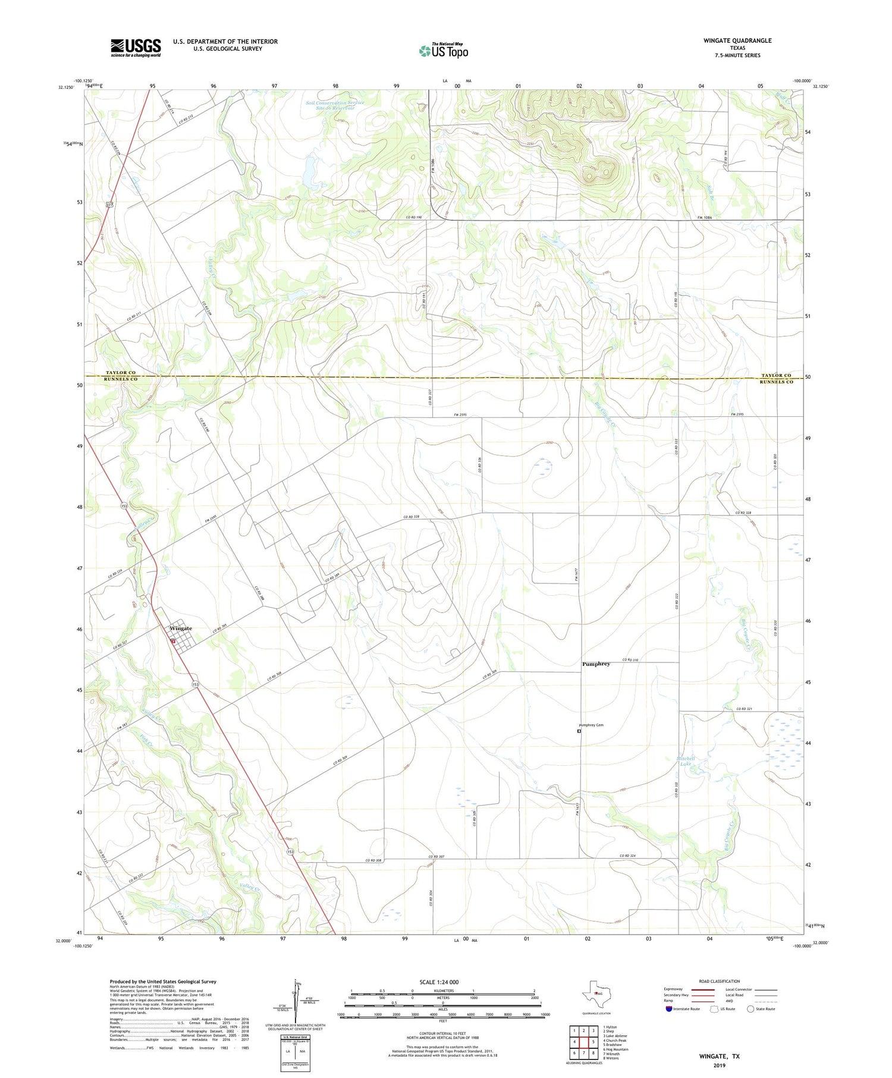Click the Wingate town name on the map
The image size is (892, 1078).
(181, 628)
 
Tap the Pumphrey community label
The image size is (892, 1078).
(596, 664)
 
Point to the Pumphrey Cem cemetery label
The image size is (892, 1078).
(591, 725)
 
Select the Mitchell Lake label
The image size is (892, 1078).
(686, 760)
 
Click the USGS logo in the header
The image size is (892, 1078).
(136, 48)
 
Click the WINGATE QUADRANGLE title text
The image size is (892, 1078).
(737, 40)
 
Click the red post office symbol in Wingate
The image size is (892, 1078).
(172, 641)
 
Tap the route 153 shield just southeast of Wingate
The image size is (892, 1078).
(195, 685)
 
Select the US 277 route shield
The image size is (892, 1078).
(109, 205)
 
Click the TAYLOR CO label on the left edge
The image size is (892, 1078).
(120, 373)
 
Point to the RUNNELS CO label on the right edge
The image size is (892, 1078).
(776, 382)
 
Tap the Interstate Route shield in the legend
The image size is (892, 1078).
(670, 1009)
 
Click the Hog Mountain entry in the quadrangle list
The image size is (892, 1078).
(617, 1049)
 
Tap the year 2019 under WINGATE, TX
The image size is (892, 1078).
(719, 1065)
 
